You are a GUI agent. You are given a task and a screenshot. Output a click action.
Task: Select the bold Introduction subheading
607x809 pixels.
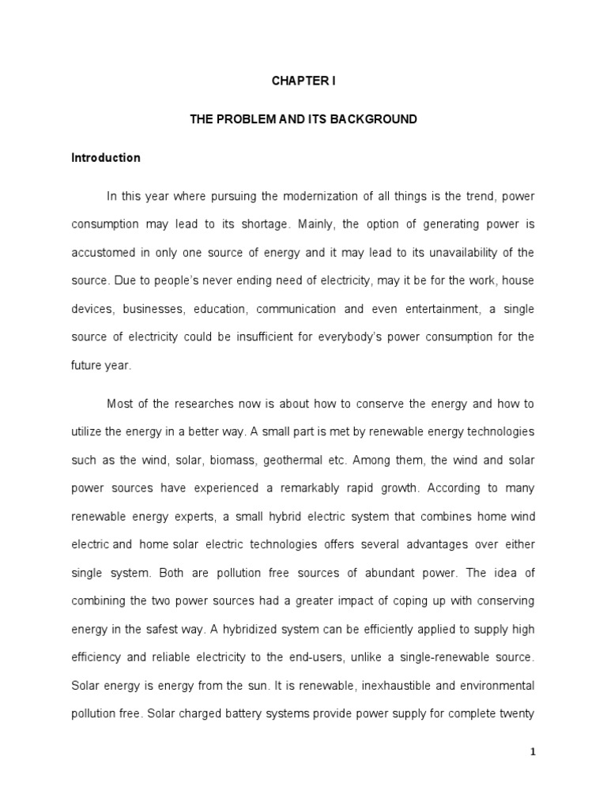(x=106, y=157)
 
